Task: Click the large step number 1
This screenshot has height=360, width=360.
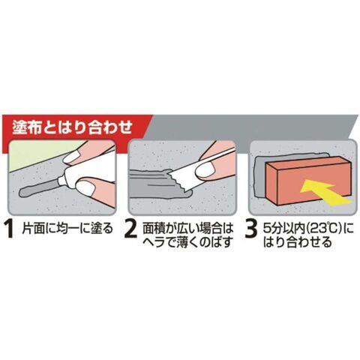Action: point(10,229)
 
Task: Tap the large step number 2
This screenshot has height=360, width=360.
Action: point(130,229)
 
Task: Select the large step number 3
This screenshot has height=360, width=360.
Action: point(251,229)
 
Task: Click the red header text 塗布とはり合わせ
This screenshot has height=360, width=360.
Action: point(72,127)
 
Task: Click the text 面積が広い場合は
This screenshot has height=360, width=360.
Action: point(187,228)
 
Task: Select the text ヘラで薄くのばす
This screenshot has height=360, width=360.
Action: point(187,241)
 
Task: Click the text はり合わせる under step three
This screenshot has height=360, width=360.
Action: point(298,242)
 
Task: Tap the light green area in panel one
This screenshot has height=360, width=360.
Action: point(40,155)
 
